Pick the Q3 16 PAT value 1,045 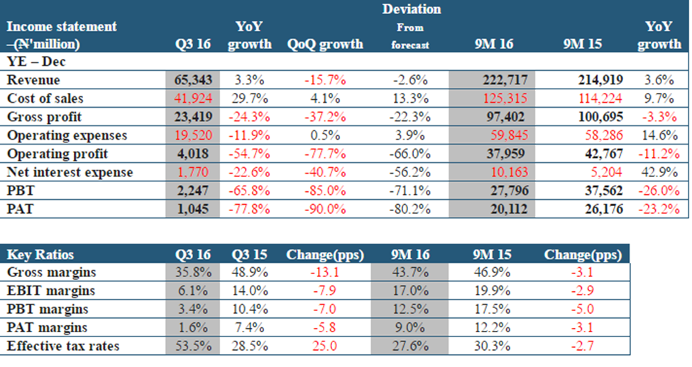pyautogui.click(x=200, y=209)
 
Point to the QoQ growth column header pyautogui.click(x=325, y=44)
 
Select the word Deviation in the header pyautogui.click(x=412, y=9)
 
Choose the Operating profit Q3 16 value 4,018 pyautogui.click(x=200, y=154)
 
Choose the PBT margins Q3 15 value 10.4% pyautogui.click(x=251, y=310)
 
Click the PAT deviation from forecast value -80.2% pyautogui.click(x=412, y=209)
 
